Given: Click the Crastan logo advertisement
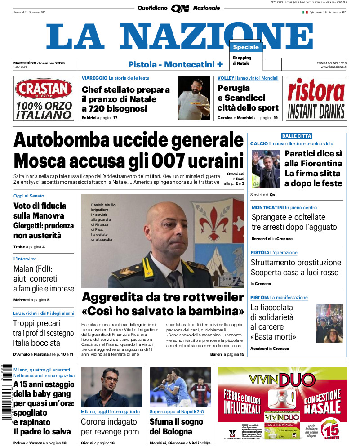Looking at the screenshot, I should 44,98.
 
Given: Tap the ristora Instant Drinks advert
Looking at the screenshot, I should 316,98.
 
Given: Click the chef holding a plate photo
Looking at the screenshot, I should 194,98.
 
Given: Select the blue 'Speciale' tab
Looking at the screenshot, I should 246,47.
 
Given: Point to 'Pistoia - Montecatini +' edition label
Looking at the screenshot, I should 175,64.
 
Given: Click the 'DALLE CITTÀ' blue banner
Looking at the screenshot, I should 297,136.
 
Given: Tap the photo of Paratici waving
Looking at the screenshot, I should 265,169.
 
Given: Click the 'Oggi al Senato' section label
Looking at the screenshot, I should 28,196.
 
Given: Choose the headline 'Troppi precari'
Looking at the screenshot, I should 36,323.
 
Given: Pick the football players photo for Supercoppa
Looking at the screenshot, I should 180,386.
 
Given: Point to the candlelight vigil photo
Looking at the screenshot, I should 329,323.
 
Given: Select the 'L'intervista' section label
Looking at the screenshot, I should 25,259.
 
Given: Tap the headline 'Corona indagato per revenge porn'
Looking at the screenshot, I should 110,427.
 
